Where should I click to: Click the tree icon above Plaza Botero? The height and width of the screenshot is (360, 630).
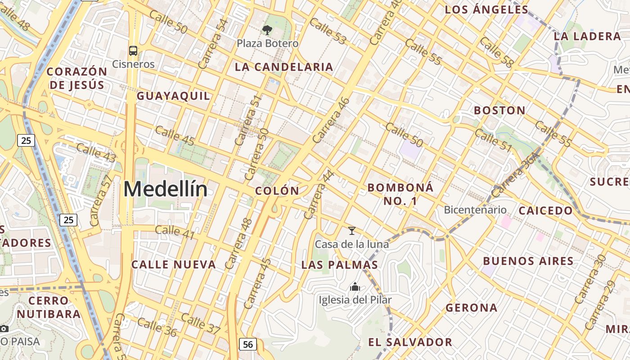(267, 30)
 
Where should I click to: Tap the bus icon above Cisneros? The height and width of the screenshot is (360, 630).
(133, 50)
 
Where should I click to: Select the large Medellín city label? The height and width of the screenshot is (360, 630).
(166, 189)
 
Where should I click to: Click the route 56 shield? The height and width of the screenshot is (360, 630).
(247, 344)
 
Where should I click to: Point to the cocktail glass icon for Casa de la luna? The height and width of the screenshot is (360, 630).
(352, 231)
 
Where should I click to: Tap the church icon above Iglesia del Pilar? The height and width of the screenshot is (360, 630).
(355, 287)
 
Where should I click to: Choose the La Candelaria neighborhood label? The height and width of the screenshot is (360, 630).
(284, 67)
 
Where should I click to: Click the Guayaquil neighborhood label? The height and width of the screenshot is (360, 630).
(173, 96)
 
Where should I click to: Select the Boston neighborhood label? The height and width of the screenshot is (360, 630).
(499, 110)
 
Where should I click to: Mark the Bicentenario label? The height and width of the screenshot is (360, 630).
(475, 210)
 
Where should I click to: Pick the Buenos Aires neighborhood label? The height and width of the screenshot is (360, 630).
(528, 261)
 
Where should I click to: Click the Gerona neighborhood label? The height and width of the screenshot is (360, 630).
(472, 308)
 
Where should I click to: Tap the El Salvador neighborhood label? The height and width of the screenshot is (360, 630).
(410, 342)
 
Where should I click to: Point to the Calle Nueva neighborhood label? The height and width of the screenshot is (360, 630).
(174, 265)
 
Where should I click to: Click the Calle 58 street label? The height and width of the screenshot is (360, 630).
(496, 52)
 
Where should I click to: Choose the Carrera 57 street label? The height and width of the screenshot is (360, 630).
(101, 200)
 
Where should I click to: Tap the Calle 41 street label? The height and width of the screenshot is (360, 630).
(175, 232)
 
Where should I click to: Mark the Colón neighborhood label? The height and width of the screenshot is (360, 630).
(277, 191)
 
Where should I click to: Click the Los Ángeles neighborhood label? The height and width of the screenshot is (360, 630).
(486, 9)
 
